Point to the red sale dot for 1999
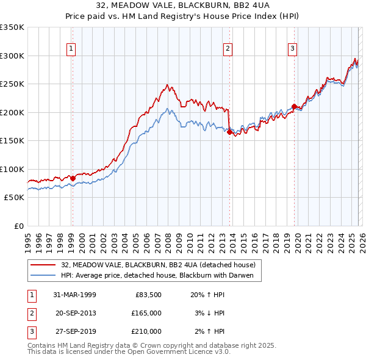pos(73,178)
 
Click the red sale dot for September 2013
pos(229,132)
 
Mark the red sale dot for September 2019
pos(294,107)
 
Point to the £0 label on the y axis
pos(19,226)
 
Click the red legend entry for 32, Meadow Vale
pos(162,265)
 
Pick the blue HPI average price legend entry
pos(161,276)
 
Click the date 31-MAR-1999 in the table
pos(75,295)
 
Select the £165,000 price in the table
pos(146,313)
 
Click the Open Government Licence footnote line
pos(129,352)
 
